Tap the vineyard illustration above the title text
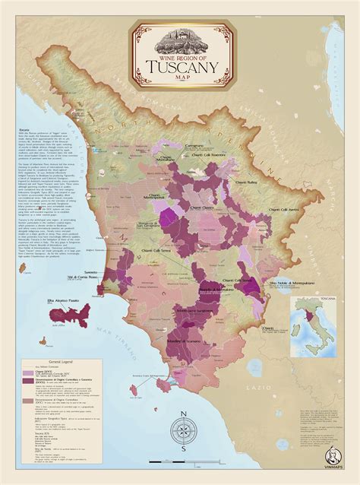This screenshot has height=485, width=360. point(181,34)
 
